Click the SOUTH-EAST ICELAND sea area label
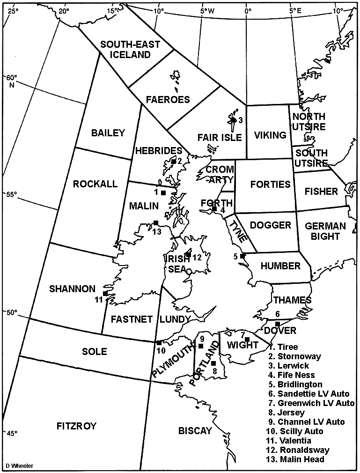tap(130, 49)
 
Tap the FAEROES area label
tap(168, 99)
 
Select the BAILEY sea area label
tap(109, 133)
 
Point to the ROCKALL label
tap(95, 184)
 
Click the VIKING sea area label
tap(270, 135)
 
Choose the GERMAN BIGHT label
tap(325, 231)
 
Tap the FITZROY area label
tap(76, 426)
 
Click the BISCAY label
tap(195, 431)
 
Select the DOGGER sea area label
tap(271, 225)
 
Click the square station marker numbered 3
tap(233, 120)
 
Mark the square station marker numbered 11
tap(105, 294)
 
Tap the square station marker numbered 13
tap(155, 223)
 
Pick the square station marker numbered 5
tap(242, 256)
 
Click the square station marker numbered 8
tap(213, 363)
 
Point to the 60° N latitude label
tap(11, 81)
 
